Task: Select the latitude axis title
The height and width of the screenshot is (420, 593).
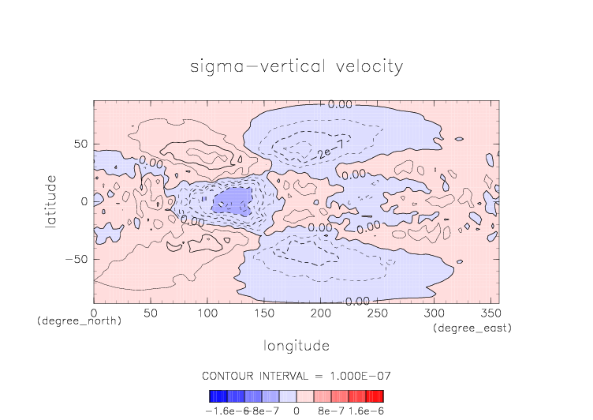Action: coord(50,202)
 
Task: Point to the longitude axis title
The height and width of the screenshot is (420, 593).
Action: coord(296,346)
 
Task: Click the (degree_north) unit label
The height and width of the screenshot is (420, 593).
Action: coord(79,321)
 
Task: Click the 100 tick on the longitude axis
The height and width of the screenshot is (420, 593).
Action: coord(207,313)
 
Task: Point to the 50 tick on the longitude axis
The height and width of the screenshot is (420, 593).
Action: coord(151,313)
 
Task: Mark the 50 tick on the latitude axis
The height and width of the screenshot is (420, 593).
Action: coord(80,145)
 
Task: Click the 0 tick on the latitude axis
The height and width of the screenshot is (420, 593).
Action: coord(84,202)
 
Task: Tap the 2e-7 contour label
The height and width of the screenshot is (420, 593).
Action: coord(323,152)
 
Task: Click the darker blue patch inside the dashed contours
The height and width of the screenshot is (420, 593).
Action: coord(232,201)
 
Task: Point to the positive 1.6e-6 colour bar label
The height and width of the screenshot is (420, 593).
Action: coord(365,411)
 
